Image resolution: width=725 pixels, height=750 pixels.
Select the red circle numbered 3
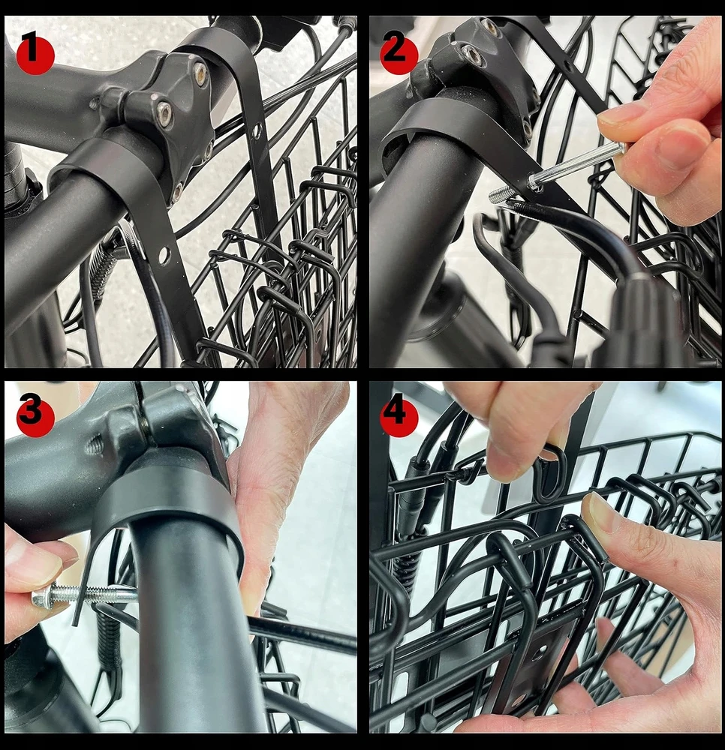coord(35,417)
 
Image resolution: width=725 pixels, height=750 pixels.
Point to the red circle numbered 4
coord(399,417)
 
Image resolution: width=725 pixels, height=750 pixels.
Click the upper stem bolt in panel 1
coord(200,72)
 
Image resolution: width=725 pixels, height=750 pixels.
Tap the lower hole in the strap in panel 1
coord(163,256)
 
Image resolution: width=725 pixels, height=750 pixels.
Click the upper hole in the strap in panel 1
coord(257,130)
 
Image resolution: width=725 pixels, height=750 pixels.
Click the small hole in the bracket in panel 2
coord(567,63)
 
